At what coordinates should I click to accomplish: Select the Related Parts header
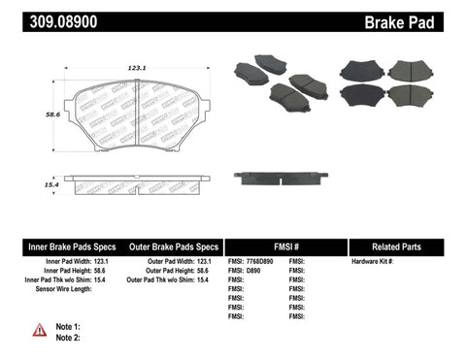pos(400,247)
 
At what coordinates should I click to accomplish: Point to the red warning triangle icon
pos(40,330)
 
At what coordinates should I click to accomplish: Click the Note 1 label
pos(68,327)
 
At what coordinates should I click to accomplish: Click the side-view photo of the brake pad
pos(281,177)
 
